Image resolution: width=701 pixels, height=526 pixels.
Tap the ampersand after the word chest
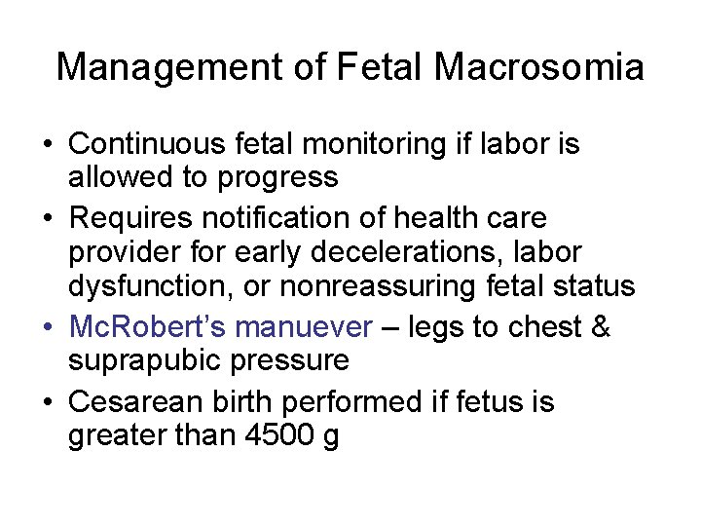[601, 325]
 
